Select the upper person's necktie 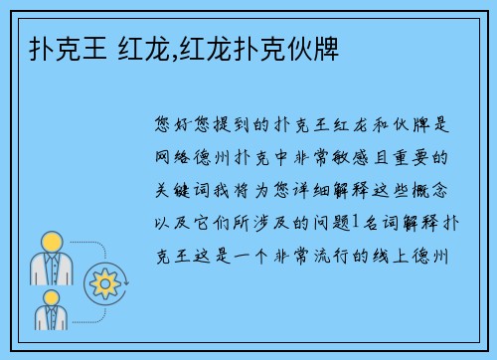53,269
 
